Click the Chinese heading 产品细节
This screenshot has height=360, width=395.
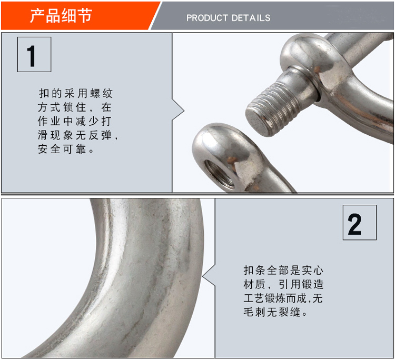61,16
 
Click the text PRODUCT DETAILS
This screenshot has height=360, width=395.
228,18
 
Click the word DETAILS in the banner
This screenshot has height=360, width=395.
251,18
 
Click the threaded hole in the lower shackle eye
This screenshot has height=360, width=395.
219,174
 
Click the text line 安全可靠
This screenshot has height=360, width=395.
65,149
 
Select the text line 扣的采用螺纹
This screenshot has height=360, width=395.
75,93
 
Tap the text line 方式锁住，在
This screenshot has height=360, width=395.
75,107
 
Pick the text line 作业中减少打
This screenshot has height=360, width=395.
75,121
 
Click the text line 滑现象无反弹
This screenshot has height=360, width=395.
77,135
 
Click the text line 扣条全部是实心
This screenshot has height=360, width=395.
283,271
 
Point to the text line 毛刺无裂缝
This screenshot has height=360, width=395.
275,312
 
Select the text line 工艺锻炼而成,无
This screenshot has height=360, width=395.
283,298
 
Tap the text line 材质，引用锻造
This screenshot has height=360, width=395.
283,285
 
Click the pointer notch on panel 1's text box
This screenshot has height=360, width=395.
179,111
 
